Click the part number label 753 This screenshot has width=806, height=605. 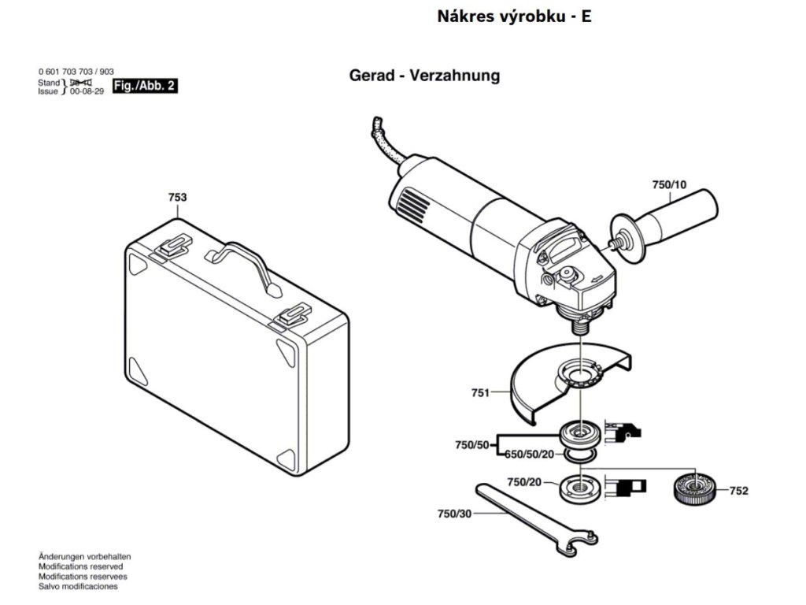[x=177, y=198]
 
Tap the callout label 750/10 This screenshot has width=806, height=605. [x=669, y=185]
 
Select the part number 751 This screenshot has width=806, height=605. [x=480, y=392]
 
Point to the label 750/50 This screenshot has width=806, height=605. [x=472, y=445]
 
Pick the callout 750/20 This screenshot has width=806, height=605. [x=524, y=481]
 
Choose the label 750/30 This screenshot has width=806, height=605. [x=454, y=514]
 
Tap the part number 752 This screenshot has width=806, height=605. [x=738, y=491]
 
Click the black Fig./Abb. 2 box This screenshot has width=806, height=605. [x=145, y=86]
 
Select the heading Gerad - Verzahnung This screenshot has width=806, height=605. [x=424, y=76]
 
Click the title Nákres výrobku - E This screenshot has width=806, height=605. [x=514, y=17]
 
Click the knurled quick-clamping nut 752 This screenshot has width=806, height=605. [x=694, y=490]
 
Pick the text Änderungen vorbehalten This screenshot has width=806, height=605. [x=84, y=556]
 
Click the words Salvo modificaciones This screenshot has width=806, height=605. [x=78, y=586]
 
